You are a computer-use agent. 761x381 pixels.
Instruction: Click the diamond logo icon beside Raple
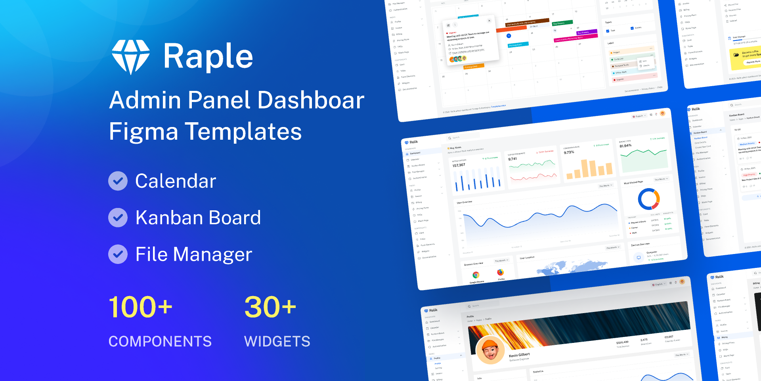tap(131, 57)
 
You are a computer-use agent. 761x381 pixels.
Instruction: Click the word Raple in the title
tap(208, 56)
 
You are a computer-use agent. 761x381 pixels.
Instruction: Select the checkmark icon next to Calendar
tap(118, 181)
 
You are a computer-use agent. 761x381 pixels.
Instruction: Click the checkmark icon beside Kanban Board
tap(118, 217)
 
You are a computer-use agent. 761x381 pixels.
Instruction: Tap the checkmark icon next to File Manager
tap(118, 254)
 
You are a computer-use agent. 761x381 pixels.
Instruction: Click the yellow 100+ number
tap(141, 307)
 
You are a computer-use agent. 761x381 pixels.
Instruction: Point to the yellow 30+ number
tap(270, 307)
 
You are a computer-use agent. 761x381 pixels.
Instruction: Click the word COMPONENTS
tap(160, 341)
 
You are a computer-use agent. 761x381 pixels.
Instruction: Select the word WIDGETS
tap(277, 341)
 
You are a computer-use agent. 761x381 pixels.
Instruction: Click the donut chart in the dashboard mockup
tap(649, 199)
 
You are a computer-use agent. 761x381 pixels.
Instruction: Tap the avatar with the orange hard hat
tap(490, 350)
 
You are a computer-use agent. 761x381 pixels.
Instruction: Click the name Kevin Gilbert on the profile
tap(519, 355)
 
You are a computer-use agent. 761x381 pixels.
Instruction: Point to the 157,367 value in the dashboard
tap(459, 165)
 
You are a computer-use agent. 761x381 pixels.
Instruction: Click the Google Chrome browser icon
tap(476, 275)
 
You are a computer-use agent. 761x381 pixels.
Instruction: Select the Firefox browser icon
tap(501, 272)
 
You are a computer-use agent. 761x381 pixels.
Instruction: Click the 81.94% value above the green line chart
tap(625, 146)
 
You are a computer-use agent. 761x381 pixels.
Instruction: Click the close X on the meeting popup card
tap(489, 21)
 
